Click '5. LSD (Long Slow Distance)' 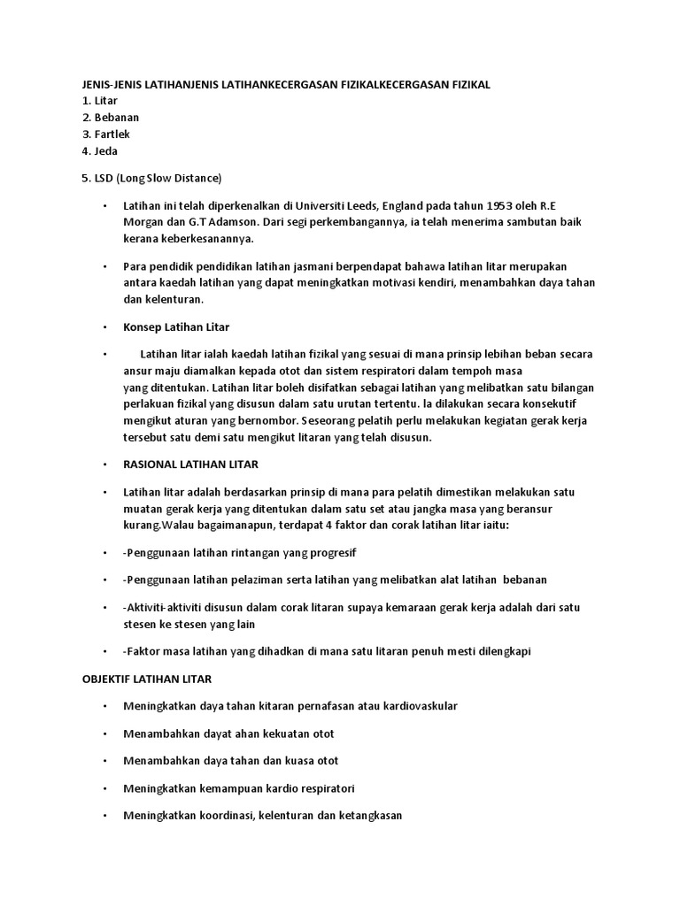tap(151, 178)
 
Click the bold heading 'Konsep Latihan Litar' tap(176, 327)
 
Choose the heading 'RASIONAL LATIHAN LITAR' tap(190, 465)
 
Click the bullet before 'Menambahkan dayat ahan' tap(104, 734)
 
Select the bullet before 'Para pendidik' tap(104, 266)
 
